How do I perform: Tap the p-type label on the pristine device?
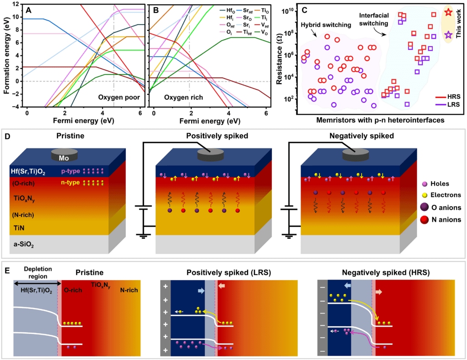(x=68, y=171)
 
